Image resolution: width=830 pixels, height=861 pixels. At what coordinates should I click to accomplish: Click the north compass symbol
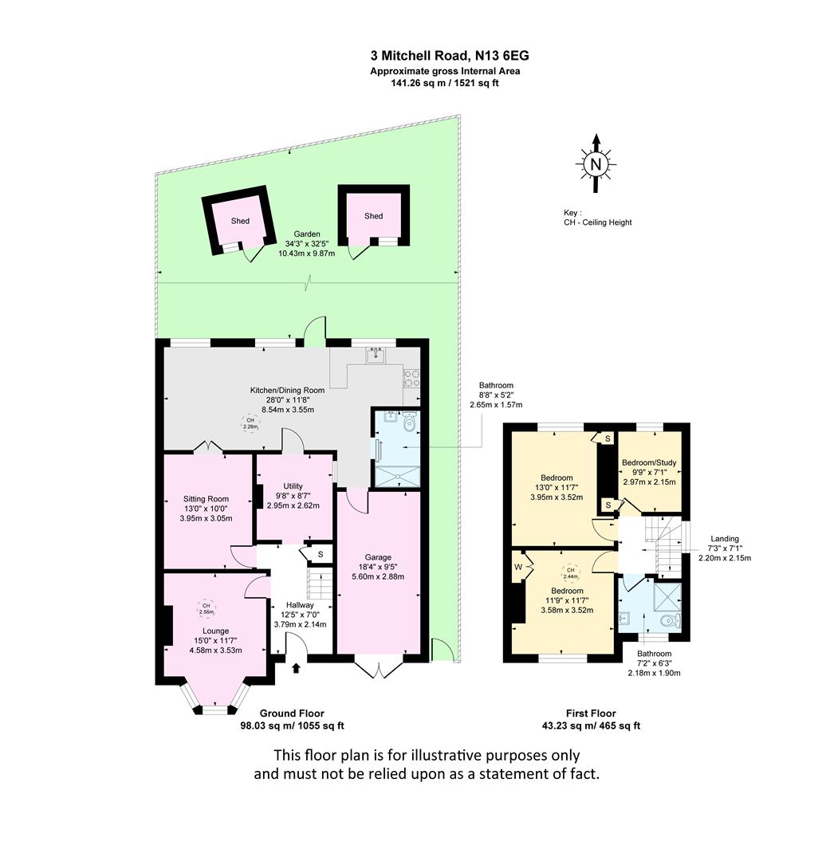[596, 163]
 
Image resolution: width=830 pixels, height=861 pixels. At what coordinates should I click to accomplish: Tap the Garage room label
[378, 557]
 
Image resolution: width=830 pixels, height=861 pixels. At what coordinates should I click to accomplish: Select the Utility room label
[293, 486]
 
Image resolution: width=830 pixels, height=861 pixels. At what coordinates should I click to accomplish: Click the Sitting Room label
[206, 499]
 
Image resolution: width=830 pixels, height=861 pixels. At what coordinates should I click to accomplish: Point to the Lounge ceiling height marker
[206, 608]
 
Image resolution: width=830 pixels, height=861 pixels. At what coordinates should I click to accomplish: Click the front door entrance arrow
[296, 668]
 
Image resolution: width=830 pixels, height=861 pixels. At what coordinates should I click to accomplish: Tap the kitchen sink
[376, 354]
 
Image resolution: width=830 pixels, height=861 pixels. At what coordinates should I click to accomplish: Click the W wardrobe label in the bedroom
[518, 567]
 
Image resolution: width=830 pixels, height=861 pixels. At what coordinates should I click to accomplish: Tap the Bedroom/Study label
[649, 462]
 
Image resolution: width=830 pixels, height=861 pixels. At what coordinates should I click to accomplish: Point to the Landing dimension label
[725, 548]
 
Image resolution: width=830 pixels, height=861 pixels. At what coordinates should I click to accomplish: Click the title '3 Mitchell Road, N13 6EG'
[450, 56]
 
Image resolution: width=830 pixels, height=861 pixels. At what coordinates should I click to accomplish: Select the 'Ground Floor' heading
[293, 714]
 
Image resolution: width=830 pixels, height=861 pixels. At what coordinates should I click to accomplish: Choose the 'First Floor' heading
[591, 714]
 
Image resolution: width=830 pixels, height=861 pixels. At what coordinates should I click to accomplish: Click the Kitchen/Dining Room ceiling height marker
[250, 423]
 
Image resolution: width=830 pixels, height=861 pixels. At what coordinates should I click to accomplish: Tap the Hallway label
[300, 604]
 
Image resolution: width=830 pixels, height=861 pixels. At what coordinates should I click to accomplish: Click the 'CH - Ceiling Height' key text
[598, 222]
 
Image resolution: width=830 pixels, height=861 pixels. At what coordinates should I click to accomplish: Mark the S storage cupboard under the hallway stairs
[321, 555]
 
